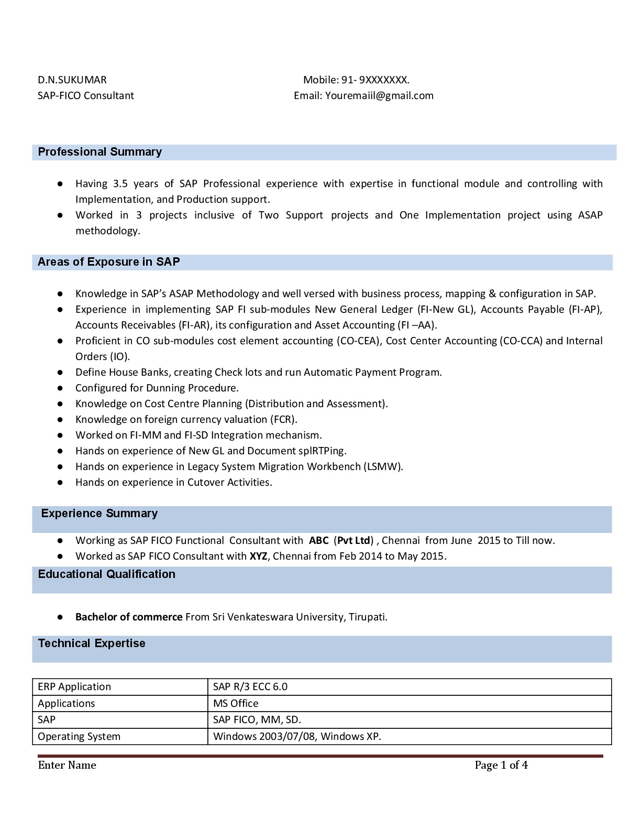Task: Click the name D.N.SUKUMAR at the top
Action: click(72, 80)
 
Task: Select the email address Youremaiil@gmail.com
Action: click(379, 95)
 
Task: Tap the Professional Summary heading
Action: click(100, 152)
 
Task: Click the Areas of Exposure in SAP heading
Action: click(108, 262)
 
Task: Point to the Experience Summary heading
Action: click(99, 514)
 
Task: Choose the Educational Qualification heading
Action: click(106, 574)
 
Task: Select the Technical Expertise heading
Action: click(92, 643)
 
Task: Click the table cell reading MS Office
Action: click(236, 703)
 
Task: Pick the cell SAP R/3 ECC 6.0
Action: click(250, 686)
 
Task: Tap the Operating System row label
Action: click(79, 736)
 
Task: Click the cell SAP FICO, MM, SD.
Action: click(257, 719)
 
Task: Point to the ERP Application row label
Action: click(74, 686)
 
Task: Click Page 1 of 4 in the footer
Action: click(501, 765)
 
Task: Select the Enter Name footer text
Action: click(67, 765)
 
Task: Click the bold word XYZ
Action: click(258, 556)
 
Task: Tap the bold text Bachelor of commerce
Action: click(129, 617)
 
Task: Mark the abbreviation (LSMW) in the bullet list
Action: click(383, 466)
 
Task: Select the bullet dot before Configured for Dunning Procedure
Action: click(61, 388)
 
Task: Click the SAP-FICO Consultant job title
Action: click(86, 95)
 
